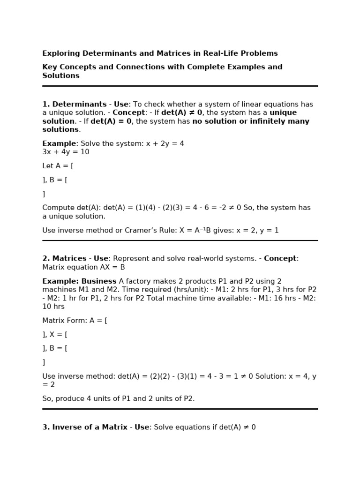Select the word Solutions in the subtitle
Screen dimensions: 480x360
[61, 75]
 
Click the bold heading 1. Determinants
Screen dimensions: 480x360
[75, 104]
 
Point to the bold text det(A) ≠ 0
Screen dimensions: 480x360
[182, 112]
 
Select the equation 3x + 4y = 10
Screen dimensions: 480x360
[66, 152]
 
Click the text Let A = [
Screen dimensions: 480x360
[58, 165]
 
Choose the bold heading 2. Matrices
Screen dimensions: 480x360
[64, 258]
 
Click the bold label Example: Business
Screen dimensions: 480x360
[79, 281]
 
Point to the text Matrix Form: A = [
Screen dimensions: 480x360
[75, 320]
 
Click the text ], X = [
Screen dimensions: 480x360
[55, 334]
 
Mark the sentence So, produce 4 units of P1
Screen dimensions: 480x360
[98, 398]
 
